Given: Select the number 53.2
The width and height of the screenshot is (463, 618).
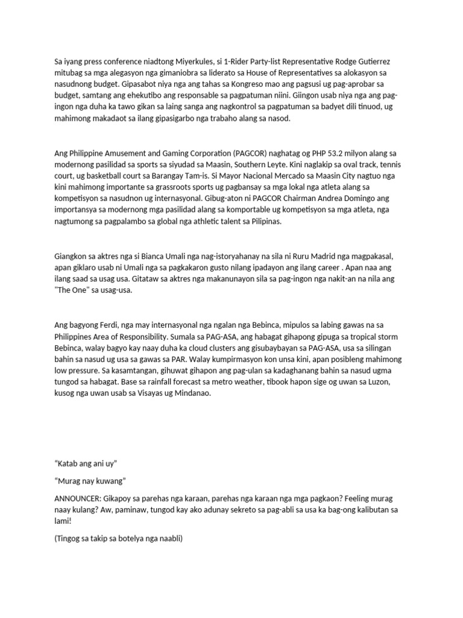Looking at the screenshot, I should tap(343, 153).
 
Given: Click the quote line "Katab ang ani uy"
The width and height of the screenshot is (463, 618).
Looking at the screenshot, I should tap(86, 463).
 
